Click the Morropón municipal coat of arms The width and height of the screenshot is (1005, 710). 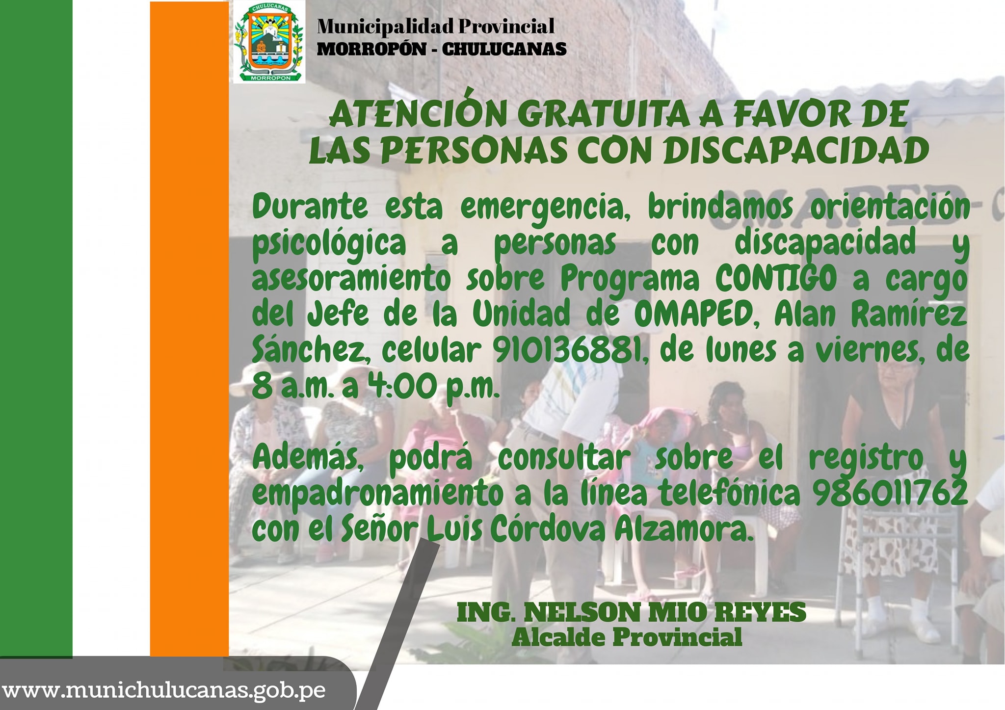coord(269,42)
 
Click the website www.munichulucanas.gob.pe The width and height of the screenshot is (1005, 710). coord(163,690)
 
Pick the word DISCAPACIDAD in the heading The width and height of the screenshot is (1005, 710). coord(796,150)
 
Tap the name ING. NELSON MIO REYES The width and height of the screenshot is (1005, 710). coord(632,612)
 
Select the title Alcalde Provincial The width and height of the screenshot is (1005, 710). coord(627,637)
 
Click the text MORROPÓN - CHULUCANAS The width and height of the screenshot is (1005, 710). coord(442,49)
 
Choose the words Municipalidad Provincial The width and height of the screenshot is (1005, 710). coord(436,26)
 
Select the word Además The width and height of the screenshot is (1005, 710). coord(308,459)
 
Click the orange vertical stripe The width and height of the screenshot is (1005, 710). coord(189,329)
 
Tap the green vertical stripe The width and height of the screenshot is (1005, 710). coord(36,329)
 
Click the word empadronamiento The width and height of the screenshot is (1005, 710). coord(378,494)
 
